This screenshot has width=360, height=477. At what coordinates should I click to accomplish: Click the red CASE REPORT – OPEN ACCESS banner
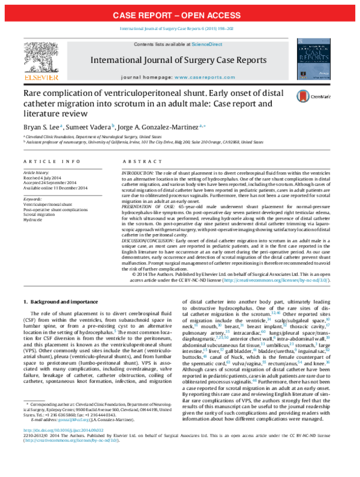pyautogui.click(x=179, y=14)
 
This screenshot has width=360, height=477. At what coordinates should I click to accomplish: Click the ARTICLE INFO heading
pyautogui.click(x=46, y=162)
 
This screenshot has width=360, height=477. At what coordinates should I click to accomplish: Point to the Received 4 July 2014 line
pyautogui.click(x=45, y=177)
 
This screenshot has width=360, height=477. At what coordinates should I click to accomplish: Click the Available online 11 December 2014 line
pyautogui.click(x=56, y=188)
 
